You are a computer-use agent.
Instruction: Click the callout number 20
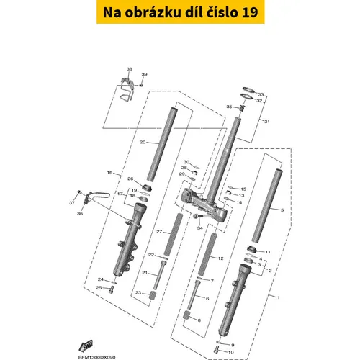143,143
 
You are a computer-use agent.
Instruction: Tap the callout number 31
267,122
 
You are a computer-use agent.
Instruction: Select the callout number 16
109,173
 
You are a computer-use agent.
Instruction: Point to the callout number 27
159,232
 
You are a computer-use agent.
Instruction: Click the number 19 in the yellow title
250,12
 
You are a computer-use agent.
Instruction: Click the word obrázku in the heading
153,12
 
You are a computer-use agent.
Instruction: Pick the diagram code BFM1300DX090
96,357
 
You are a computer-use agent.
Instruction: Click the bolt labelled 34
198,216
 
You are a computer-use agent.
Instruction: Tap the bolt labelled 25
111,289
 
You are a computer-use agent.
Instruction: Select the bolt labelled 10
216,349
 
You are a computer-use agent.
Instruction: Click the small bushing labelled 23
153,294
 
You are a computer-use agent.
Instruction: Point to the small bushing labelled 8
186,315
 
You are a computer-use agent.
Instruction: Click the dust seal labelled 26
147,187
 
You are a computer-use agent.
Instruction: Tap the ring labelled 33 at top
248,90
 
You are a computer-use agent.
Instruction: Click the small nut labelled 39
141,85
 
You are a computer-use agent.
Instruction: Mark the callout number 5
282,210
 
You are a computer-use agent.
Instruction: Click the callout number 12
220,258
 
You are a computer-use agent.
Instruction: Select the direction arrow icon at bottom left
86,346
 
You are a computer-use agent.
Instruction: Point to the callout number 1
279,297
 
